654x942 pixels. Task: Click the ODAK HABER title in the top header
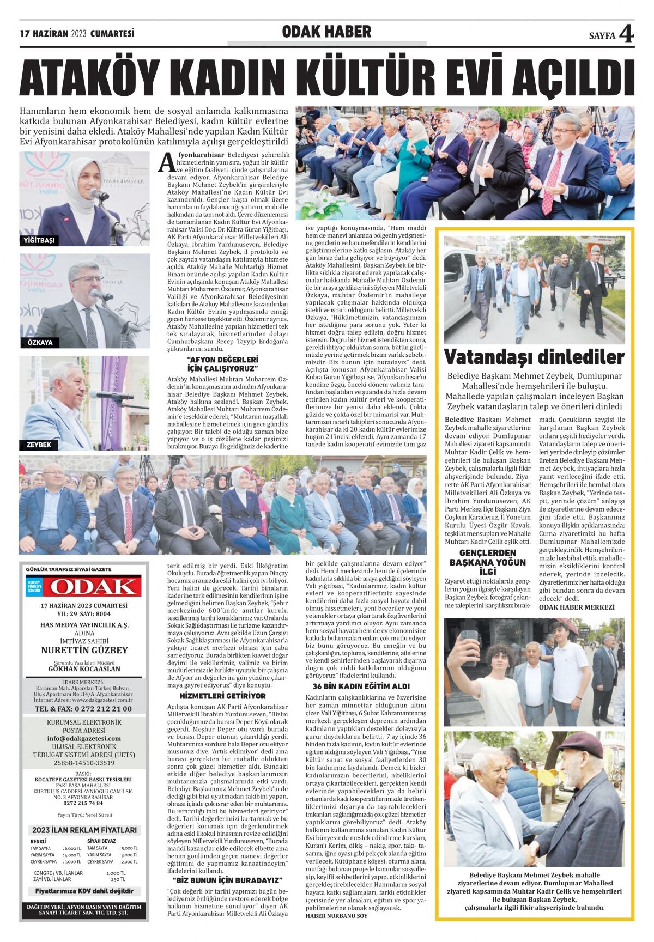click(326, 32)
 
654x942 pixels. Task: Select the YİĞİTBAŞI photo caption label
click(39, 240)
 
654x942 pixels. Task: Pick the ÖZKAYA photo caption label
click(40, 342)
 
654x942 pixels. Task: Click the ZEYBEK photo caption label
click(39, 445)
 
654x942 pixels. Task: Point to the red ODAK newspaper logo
click(91, 587)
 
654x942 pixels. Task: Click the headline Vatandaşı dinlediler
click(534, 357)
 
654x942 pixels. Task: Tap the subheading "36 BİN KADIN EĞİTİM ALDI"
click(361, 686)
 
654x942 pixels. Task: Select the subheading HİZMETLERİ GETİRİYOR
click(222, 696)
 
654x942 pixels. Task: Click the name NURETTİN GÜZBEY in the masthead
click(84, 650)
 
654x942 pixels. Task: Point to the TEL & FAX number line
click(83, 709)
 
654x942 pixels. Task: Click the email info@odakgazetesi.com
click(84, 738)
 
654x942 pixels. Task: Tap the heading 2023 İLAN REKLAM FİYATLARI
click(84, 830)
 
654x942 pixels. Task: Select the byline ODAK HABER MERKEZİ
click(577, 607)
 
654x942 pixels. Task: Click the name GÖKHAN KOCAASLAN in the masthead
click(84, 669)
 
